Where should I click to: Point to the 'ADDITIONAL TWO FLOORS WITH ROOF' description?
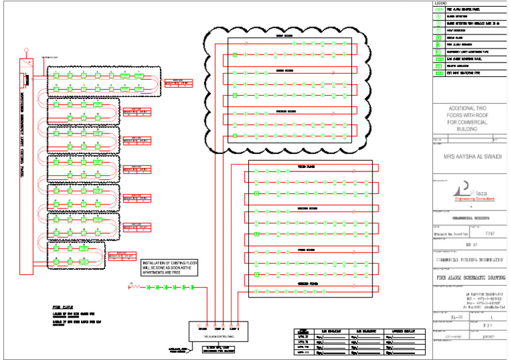(x=468, y=118)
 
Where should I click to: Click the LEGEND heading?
(x=441, y=3)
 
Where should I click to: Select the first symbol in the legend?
(x=438, y=9)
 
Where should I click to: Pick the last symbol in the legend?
(x=438, y=74)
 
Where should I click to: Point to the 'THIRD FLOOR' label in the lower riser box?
(x=305, y=167)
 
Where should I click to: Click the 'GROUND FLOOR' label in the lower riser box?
(x=305, y=284)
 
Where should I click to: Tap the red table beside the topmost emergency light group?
(x=177, y=83)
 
